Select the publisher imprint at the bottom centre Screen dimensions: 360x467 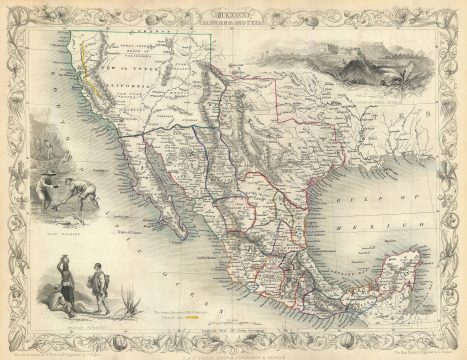(x=234, y=337)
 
